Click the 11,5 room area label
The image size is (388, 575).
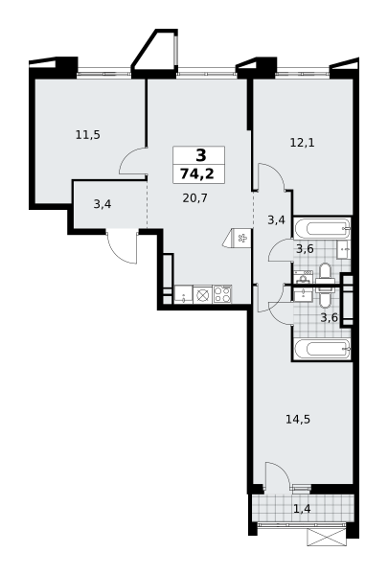click(88, 135)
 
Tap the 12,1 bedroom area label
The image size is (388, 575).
click(302, 142)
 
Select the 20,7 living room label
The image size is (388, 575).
click(195, 198)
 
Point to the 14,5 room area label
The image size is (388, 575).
click(298, 419)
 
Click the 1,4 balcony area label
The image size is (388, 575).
click(302, 509)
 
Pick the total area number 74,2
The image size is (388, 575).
click(198, 173)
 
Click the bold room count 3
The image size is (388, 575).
click(201, 155)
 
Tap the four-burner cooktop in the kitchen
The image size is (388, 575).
click(222, 294)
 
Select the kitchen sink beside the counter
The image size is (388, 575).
click(183, 294)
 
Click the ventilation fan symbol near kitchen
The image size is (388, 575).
click(241, 239)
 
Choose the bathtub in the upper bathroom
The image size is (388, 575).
click(322, 228)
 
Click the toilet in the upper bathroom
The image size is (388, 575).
click(325, 273)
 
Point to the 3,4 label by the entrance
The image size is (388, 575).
click(103, 204)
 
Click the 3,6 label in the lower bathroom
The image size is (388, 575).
click(330, 317)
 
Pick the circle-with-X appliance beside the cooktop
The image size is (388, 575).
click(203, 294)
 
